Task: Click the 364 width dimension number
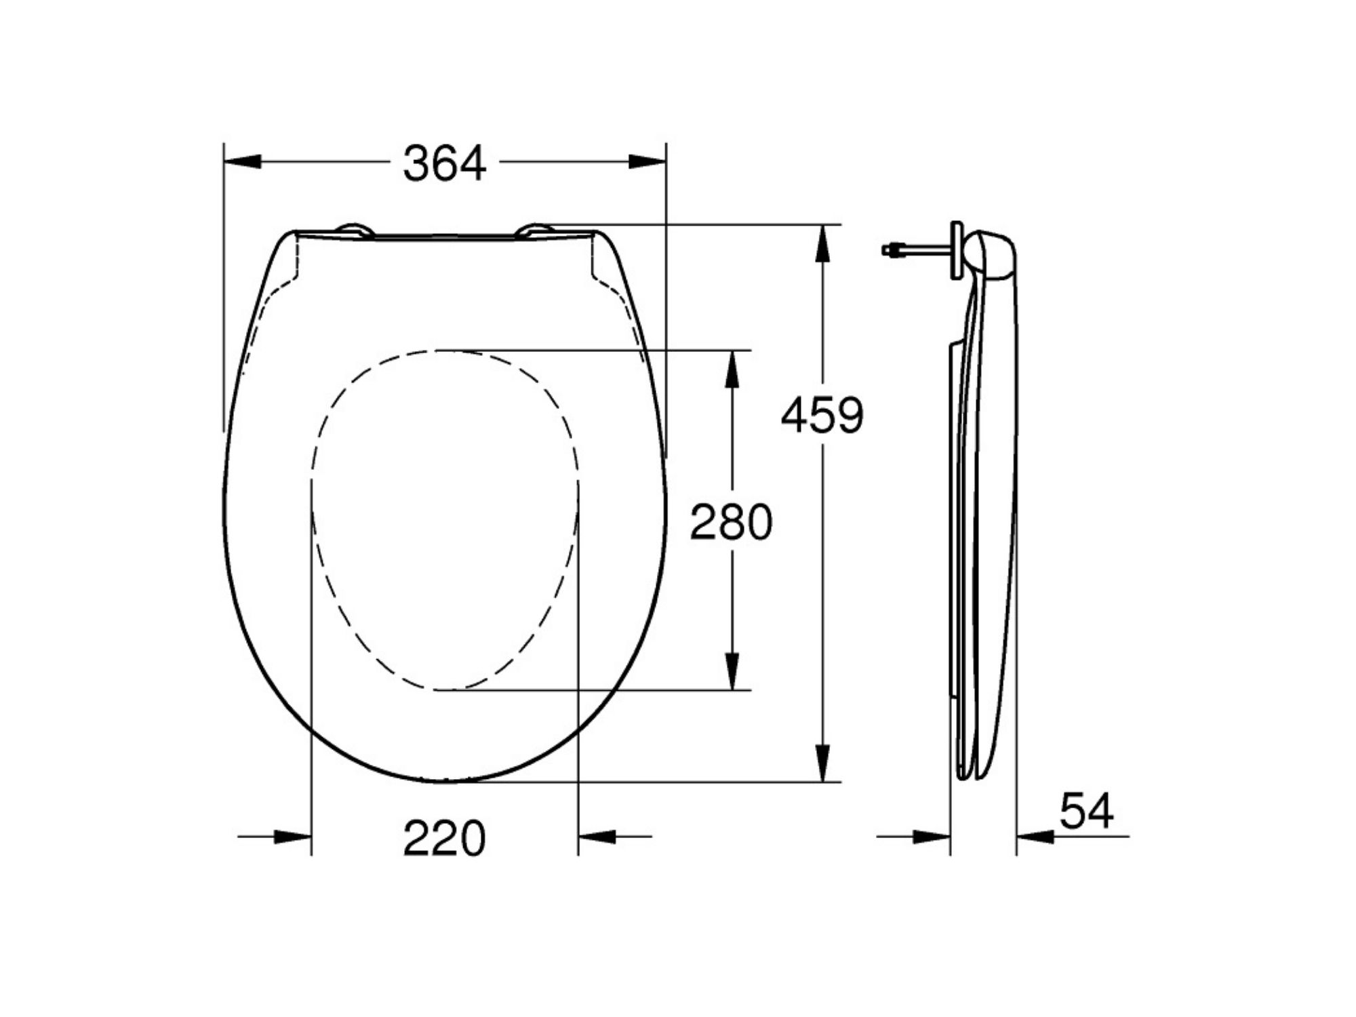(445, 164)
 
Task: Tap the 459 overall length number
(822, 416)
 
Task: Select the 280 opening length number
(731, 522)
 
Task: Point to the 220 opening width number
(445, 839)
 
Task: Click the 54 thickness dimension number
(1087, 811)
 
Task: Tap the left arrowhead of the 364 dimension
(243, 162)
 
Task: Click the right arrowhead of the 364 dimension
(647, 162)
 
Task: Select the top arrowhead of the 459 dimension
(822, 243)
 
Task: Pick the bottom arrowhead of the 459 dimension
(822, 763)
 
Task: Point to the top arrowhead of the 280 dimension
(732, 370)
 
